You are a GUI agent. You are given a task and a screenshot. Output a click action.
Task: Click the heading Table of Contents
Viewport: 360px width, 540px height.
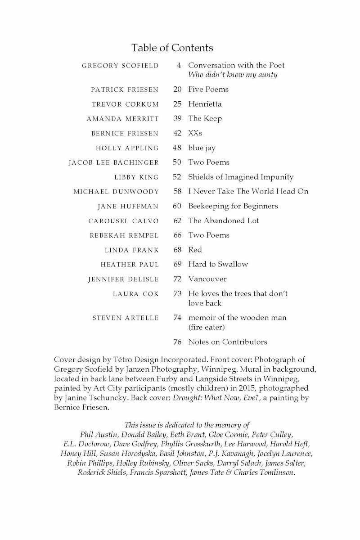(172, 48)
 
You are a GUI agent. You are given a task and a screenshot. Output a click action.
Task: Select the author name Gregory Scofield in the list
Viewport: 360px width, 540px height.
(120, 66)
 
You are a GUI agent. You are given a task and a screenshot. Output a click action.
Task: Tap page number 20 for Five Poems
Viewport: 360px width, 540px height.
(177, 89)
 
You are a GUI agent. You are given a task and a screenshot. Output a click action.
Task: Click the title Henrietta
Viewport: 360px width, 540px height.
(205, 104)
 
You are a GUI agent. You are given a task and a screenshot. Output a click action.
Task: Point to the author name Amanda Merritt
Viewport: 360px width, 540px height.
(122, 119)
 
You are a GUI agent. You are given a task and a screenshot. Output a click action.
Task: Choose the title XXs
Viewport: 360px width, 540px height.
(195, 133)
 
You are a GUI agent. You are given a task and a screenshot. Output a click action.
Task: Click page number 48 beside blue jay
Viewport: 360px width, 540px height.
(177, 148)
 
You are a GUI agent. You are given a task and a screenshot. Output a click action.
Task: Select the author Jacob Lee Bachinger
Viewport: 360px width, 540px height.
(113, 162)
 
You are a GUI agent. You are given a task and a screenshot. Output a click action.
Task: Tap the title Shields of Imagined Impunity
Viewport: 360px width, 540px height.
(241, 177)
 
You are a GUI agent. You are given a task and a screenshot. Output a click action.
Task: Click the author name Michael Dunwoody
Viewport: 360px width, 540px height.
(116, 192)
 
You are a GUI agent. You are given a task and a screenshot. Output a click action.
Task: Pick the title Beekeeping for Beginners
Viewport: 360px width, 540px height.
(233, 206)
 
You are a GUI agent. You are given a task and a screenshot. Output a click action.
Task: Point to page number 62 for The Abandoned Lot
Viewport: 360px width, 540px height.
(177, 220)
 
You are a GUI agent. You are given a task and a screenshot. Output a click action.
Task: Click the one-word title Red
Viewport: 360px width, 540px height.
(195, 250)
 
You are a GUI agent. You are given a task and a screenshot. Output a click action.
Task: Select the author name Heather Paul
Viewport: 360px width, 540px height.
(130, 265)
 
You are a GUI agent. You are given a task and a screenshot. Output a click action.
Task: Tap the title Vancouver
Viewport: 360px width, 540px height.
(207, 279)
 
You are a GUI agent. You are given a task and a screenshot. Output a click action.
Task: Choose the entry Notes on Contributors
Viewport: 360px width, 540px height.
(228, 342)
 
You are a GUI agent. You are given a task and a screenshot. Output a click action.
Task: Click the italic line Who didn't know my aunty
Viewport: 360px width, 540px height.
(233, 75)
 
